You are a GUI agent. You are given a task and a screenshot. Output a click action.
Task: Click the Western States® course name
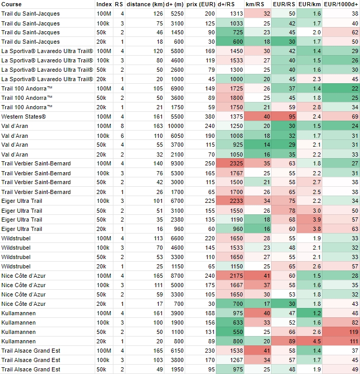pos(23,117)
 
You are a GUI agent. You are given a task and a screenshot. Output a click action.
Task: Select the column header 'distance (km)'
pos(145,4)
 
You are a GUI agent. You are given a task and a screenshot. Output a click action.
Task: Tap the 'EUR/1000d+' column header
pos(341,4)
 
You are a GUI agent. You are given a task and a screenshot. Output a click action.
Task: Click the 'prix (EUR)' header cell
pos(201,4)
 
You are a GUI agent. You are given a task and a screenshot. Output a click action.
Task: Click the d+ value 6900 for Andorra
pos(177,88)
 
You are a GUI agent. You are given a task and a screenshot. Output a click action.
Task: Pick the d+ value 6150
pos(177,351)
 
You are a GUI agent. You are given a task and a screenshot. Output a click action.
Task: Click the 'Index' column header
pos(104,4)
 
